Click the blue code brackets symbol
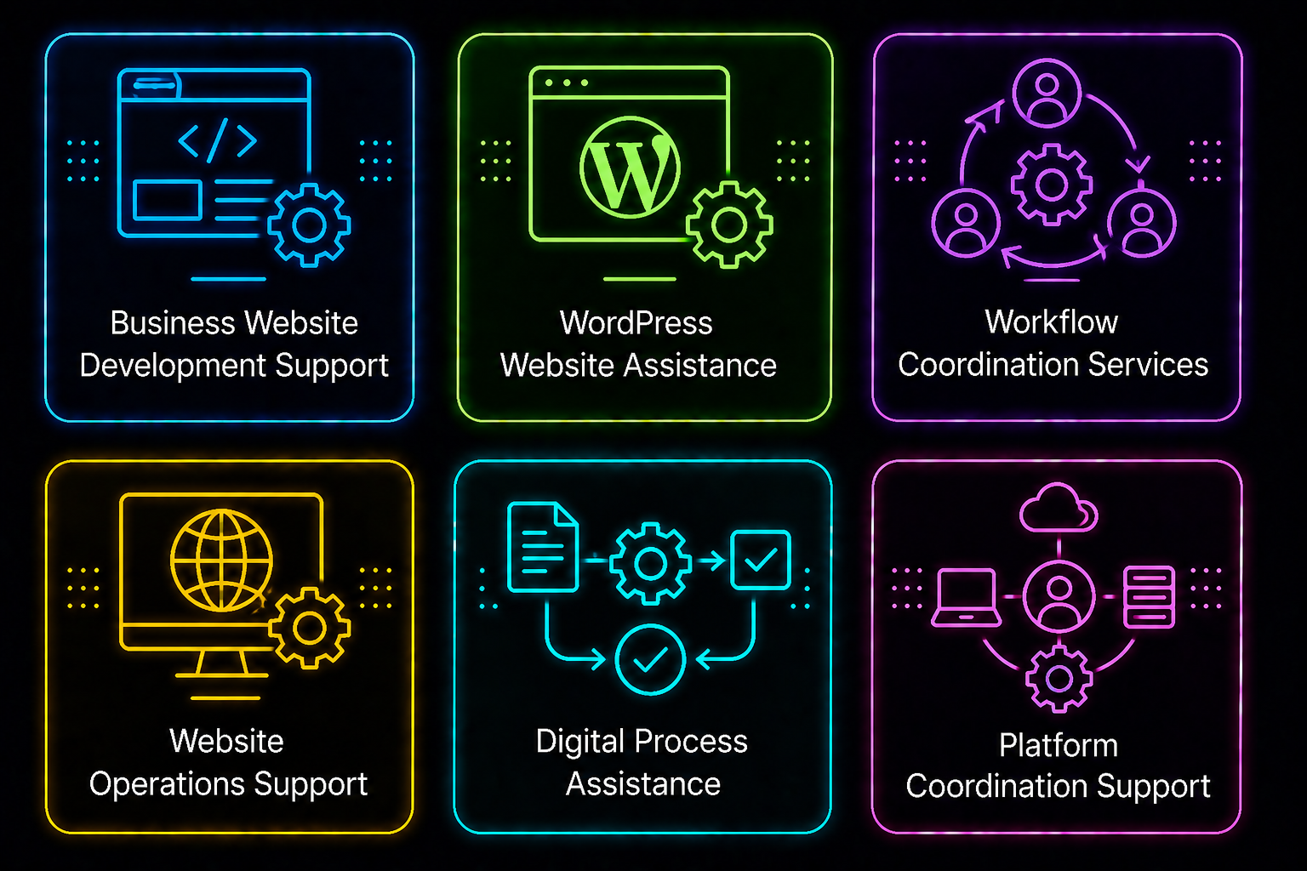(x=217, y=140)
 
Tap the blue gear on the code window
(x=309, y=225)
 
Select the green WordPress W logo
(x=631, y=168)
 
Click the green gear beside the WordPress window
(x=729, y=225)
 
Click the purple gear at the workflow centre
(x=1052, y=185)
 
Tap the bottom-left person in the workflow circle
(x=966, y=223)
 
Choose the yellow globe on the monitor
(x=221, y=560)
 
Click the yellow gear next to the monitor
(x=309, y=628)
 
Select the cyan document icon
(x=543, y=547)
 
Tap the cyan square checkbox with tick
(x=760, y=560)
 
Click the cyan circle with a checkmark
(x=650, y=659)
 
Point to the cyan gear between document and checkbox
(x=650, y=563)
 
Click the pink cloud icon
(x=1059, y=508)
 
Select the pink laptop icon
(x=966, y=597)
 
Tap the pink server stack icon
(x=1149, y=597)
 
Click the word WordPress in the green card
(x=636, y=322)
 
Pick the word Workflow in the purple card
(x=1052, y=322)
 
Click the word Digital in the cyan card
(x=580, y=742)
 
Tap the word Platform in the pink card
(x=1059, y=746)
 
